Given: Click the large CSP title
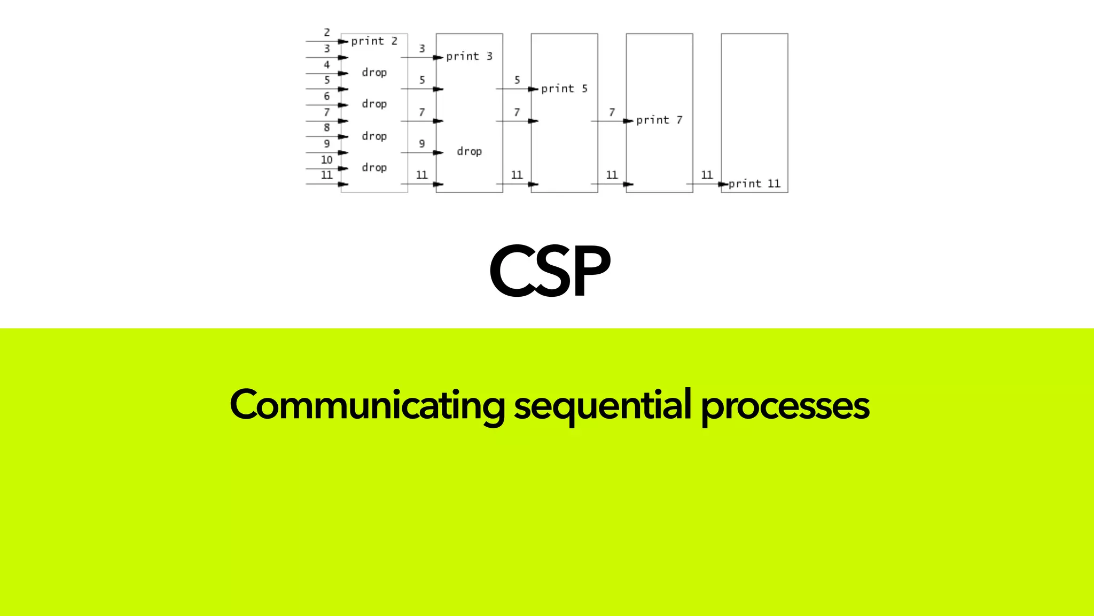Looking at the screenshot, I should click(x=550, y=271).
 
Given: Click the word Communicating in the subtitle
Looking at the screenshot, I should click(x=366, y=405).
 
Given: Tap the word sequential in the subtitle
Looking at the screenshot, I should click(x=603, y=405).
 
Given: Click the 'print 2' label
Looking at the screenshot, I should click(x=374, y=41).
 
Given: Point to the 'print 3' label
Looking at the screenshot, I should click(x=469, y=56).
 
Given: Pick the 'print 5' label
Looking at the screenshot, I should click(x=564, y=88).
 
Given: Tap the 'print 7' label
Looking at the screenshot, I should click(x=659, y=120).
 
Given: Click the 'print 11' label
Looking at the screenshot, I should click(x=754, y=183).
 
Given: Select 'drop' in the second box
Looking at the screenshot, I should click(x=469, y=151).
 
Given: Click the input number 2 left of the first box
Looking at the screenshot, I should click(x=327, y=33).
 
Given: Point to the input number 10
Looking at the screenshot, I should click(x=326, y=159).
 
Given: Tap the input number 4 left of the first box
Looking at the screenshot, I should click(x=327, y=65).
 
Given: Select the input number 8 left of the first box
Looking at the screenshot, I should click(x=327, y=127).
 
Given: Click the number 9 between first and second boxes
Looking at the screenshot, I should click(x=422, y=143).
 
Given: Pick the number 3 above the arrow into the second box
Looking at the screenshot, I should click(x=422, y=49).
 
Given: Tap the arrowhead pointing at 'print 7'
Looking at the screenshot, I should click(x=628, y=121).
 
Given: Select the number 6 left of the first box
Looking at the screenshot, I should click(x=327, y=96).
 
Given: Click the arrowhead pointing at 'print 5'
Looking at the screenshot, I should click(x=533, y=89).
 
